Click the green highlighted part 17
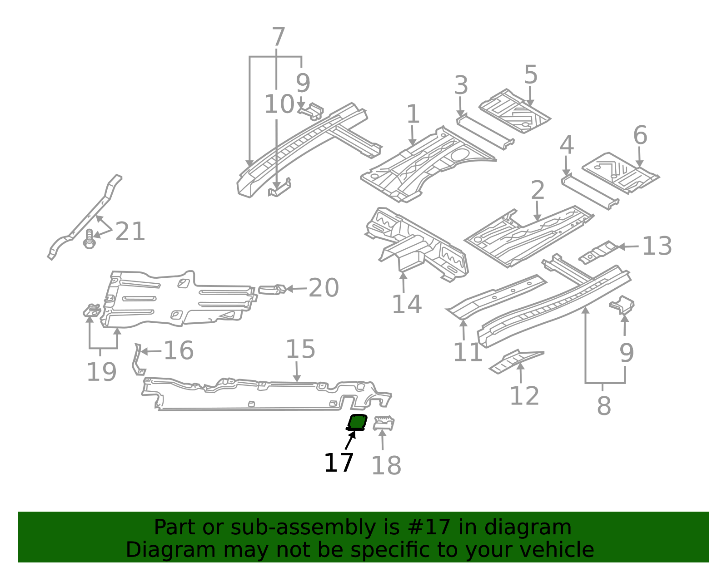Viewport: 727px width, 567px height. pos(357,423)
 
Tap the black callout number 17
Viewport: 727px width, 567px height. pos(339,463)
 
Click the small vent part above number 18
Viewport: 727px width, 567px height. pos(384,423)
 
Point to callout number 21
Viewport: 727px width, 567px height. pos(130,231)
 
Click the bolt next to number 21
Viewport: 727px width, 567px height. pos(89,239)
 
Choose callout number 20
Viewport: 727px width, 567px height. pos(324,288)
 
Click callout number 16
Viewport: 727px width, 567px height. pos(179,350)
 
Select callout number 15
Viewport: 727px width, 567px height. pos(300,349)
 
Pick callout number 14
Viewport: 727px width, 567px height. pos(407,305)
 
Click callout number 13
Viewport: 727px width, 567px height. pos(657,246)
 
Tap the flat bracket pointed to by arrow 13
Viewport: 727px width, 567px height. pos(598,252)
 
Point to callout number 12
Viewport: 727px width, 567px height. pos(524,396)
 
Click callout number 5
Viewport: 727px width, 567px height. pos(531,74)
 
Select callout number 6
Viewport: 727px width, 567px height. pos(640,135)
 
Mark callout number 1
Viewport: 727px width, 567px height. pos(413,114)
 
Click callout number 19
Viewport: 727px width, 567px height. pos(101,372)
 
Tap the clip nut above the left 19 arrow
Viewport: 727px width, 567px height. pos(92,311)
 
